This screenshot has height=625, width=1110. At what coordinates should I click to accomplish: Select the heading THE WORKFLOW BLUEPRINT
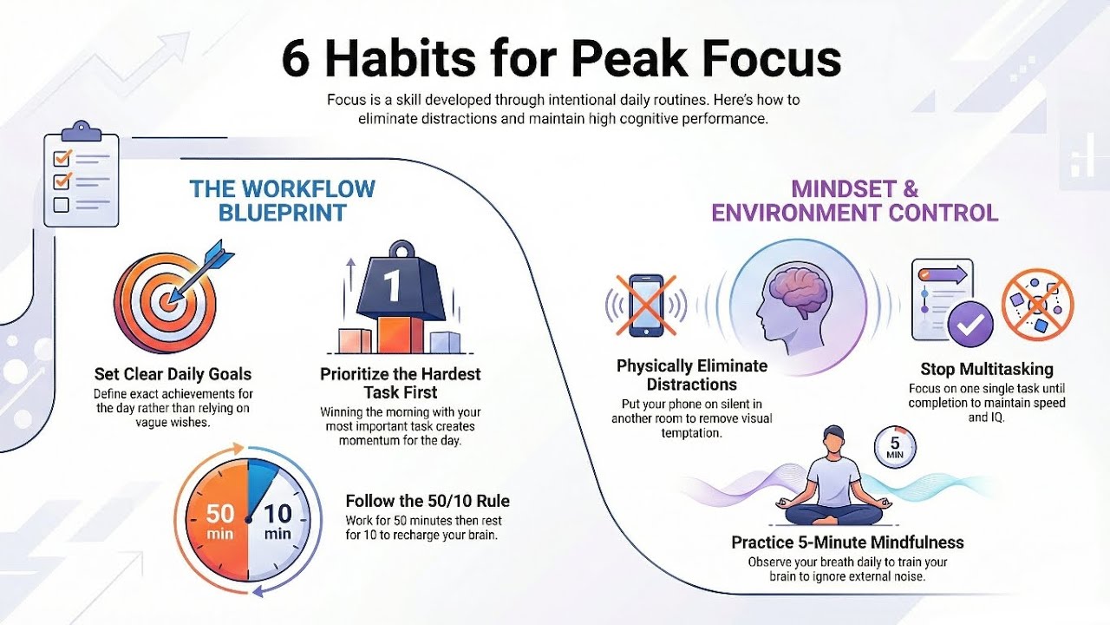[x=283, y=201]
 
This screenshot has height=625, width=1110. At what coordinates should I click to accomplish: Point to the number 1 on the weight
[x=393, y=286]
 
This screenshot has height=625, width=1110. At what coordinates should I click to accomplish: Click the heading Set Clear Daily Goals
[x=173, y=374]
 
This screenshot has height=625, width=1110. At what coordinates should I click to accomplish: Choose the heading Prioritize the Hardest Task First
[x=400, y=384]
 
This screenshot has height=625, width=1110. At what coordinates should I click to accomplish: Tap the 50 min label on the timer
[x=220, y=522]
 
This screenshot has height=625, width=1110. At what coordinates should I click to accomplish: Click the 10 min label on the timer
[x=277, y=522]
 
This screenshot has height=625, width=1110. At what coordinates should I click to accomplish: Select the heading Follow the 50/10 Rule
[x=428, y=501]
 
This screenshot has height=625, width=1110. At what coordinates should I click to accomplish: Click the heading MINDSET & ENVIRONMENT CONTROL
[x=854, y=201]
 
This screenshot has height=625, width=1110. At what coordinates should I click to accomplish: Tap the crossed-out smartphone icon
[x=646, y=306]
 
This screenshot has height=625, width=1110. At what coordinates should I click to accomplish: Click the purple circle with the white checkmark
[x=970, y=324]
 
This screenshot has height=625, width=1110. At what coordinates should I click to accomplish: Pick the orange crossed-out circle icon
[x=1037, y=303]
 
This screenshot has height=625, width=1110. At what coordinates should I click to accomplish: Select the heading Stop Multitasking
[x=987, y=370]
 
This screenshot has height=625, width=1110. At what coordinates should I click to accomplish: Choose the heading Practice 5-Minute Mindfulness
[x=847, y=543]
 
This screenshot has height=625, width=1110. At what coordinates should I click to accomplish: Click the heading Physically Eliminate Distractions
[x=691, y=375]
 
